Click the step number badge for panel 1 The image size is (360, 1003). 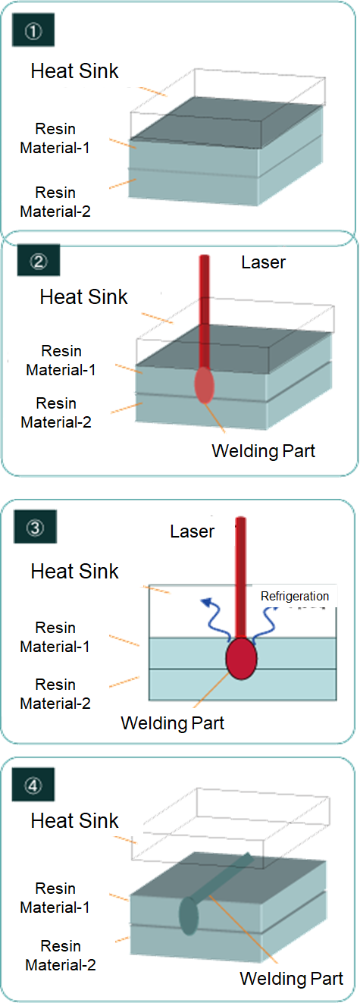pyautogui.click(x=33, y=30)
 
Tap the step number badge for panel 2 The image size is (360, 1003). pyautogui.click(x=39, y=260)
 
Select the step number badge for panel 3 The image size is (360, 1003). pyautogui.click(x=36, y=527)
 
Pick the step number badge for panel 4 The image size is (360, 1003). pyautogui.click(x=33, y=785)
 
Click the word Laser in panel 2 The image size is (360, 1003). pyautogui.click(x=263, y=262)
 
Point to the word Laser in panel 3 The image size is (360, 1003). pyautogui.click(x=192, y=531)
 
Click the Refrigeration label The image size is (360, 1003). pyautogui.click(x=295, y=597)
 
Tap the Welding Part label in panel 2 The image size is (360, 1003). pyautogui.click(x=263, y=451)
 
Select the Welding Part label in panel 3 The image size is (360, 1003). pyautogui.click(x=172, y=723)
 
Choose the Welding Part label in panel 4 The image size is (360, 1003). pyautogui.click(x=292, y=979)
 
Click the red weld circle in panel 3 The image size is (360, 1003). pyautogui.click(x=241, y=659)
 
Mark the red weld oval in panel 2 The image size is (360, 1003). pyautogui.click(x=204, y=384)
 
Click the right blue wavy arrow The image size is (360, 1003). pyautogui.click(x=265, y=622)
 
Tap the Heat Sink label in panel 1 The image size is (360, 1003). pyautogui.click(x=75, y=71)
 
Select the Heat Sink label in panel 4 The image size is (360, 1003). pyautogui.click(x=75, y=821)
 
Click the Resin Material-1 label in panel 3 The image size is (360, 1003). pyautogui.click(x=55, y=637)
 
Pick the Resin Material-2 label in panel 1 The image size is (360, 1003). pyautogui.click(x=55, y=202)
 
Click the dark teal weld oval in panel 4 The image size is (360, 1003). pyautogui.click(x=189, y=915)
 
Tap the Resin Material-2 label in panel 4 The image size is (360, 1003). pyautogui.click(x=61, y=955)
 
